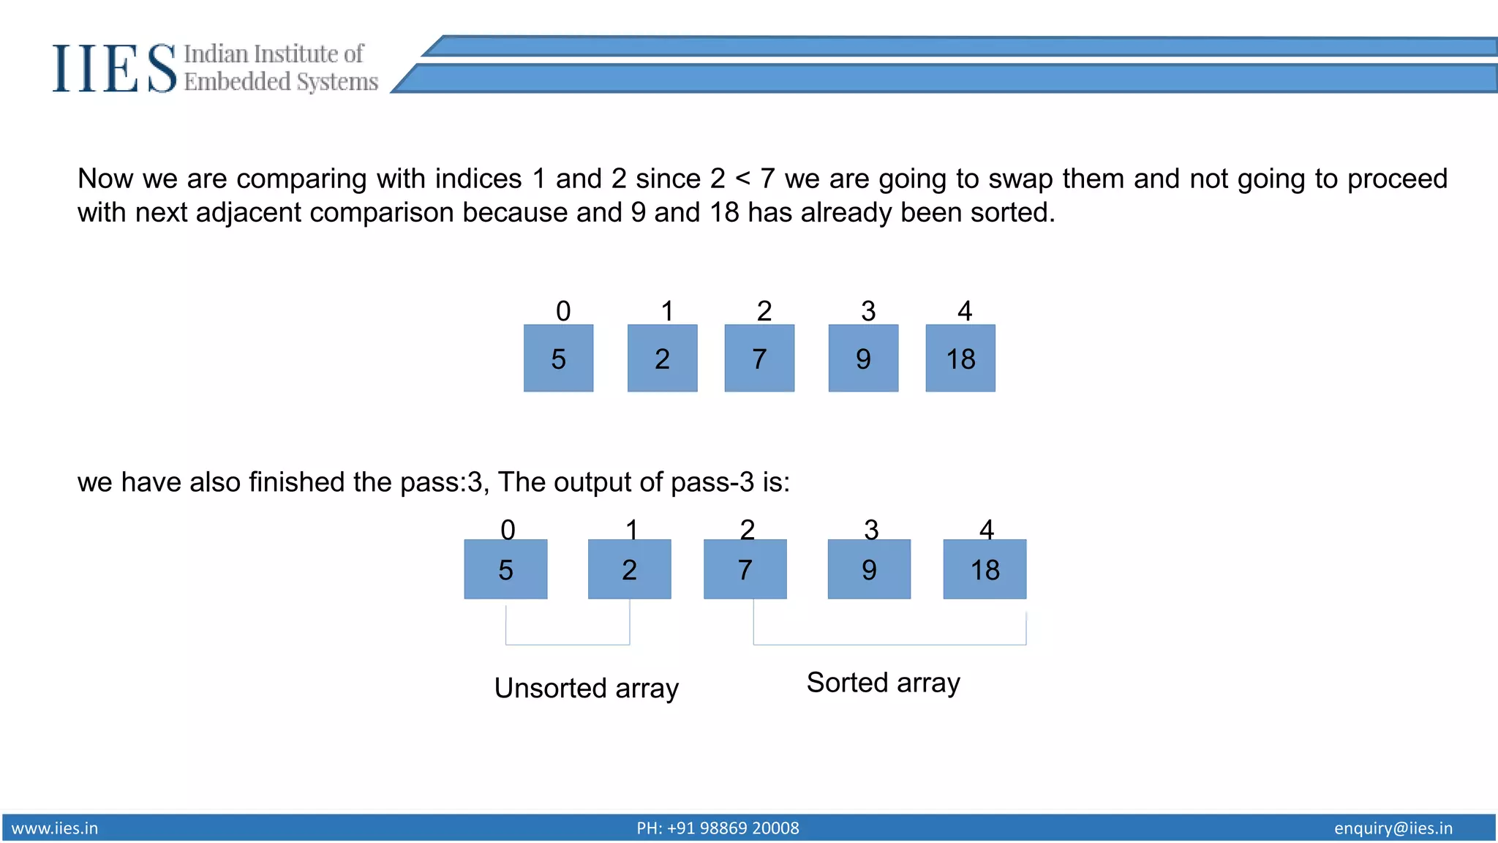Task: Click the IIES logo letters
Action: [x=114, y=68]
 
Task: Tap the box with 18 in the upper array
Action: [x=960, y=359]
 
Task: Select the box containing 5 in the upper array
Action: [x=558, y=359]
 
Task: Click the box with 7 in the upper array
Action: [x=759, y=359]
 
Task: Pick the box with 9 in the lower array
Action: [x=869, y=569]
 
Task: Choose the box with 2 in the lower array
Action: [x=629, y=569]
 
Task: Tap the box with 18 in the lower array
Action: [x=985, y=569]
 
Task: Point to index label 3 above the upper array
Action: [x=868, y=311]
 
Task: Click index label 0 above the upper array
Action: [x=563, y=311]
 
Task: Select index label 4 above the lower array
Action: [x=987, y=529]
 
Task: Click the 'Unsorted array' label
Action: [x=587, y=688]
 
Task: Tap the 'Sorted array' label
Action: [x=883, y=682]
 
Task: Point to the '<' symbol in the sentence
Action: [x=742, y=179]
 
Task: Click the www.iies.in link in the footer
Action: [x=55, y=828]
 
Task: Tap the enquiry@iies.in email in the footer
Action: [x=1393, y=828]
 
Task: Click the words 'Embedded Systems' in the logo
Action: [x=281, y=81]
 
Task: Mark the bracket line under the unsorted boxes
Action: [x=568, y=644]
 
